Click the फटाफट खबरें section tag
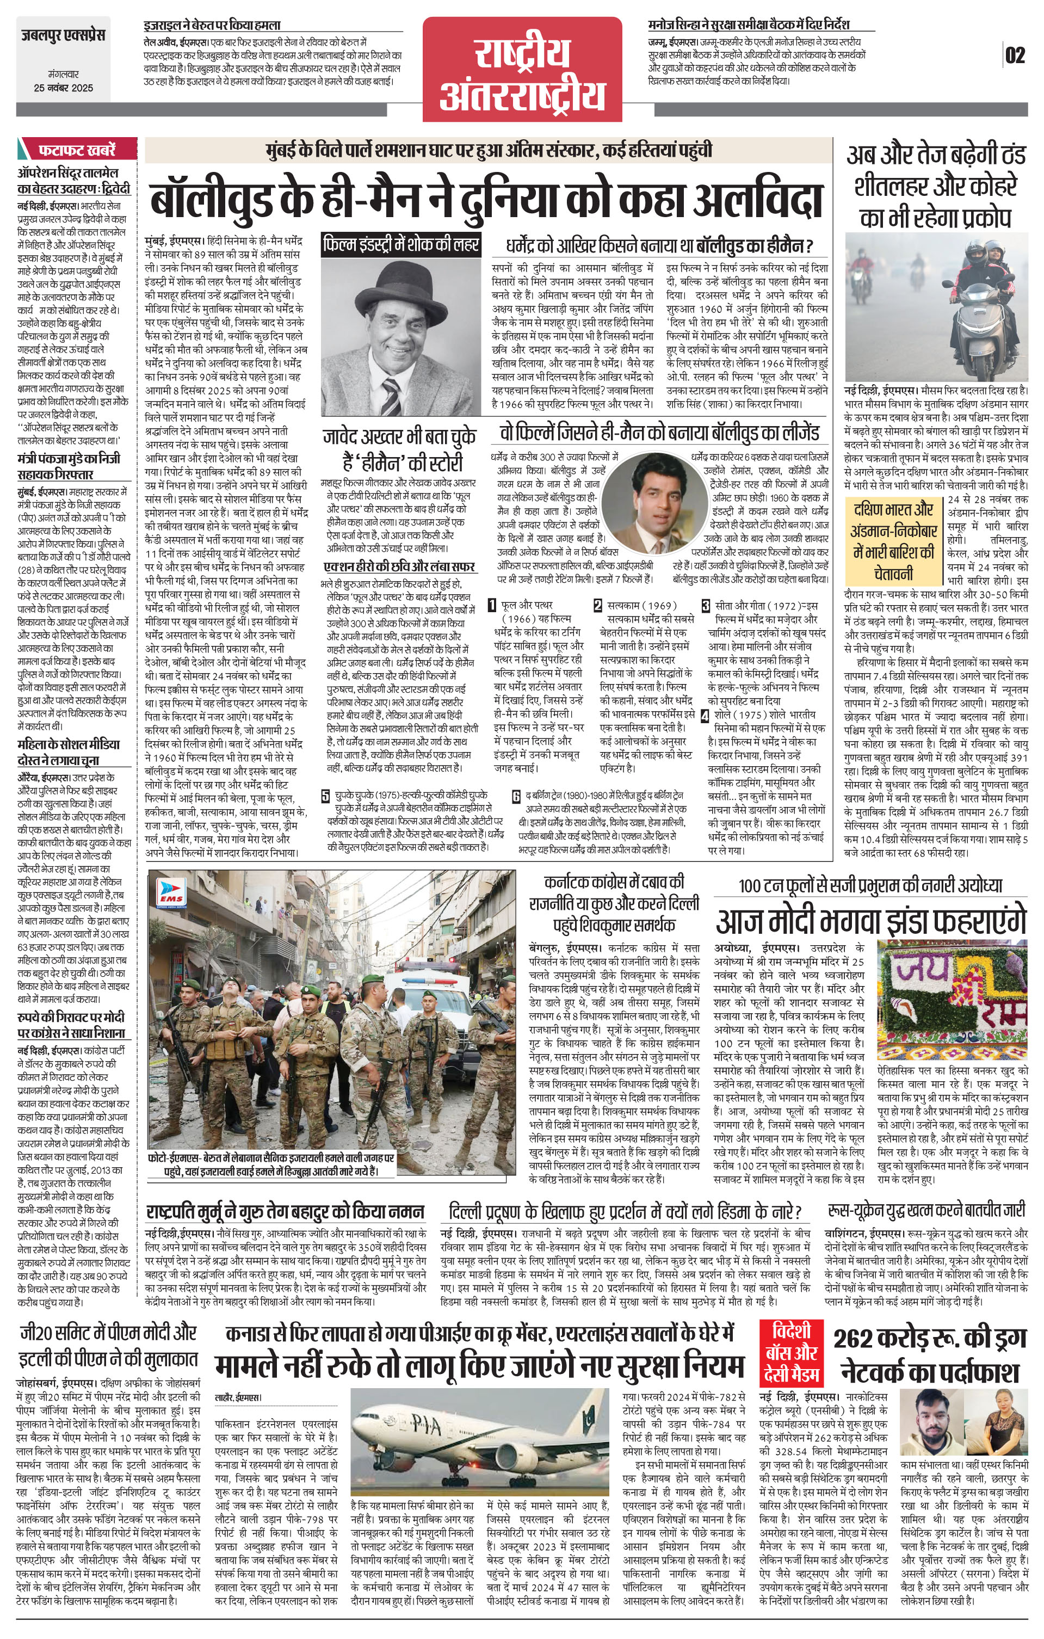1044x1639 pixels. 76,149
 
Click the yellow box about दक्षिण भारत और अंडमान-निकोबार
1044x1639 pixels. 894,541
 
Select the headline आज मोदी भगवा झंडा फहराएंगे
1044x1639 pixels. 870,922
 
